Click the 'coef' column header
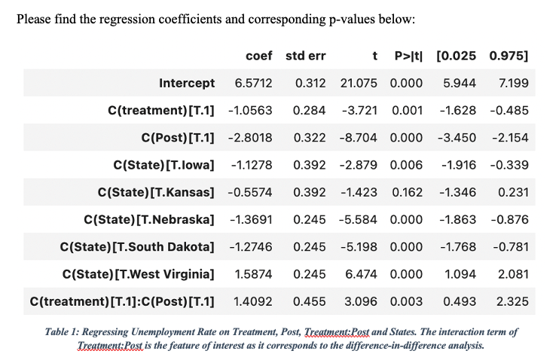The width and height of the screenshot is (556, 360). tap(258, 56)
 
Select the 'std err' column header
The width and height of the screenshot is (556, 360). tap(306, 56)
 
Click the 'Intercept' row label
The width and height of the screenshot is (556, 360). tap(187, 83)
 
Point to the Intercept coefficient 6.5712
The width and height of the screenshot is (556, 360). tap(253, 83)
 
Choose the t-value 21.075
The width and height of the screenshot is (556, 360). tap(360, 83)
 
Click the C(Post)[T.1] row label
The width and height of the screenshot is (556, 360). tap(178, 138)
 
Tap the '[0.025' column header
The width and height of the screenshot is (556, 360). tap(457, 56)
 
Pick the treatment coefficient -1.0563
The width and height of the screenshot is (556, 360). tap(250, 110)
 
